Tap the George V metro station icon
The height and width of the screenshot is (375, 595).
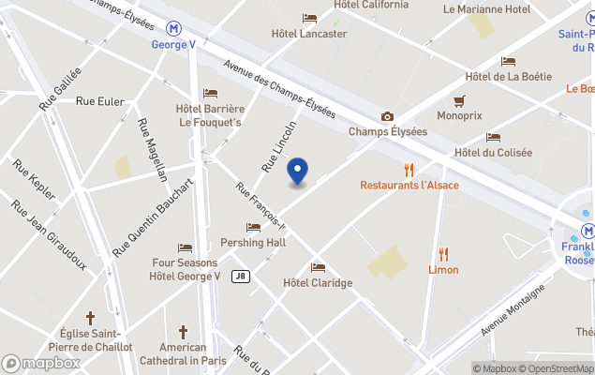click(x=173, y=30)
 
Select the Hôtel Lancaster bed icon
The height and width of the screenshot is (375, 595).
click(x=309, y=19)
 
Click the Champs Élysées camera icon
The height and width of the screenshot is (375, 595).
click(x=387, y=116)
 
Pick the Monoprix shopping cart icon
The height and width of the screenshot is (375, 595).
click(x=459, y=101)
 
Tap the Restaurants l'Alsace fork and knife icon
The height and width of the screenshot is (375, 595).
click(x=409, y=170)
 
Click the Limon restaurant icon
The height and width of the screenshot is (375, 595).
click(x=443, y=254)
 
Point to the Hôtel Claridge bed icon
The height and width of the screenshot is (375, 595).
click(x=318, y=267)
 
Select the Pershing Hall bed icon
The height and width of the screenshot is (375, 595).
click(x=253, y=227)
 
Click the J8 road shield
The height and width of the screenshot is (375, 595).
click(x=242, y=276)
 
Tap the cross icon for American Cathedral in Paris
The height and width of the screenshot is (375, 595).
click(x=183, y=332)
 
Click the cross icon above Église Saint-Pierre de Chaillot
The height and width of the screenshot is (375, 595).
click(x=91, y=319)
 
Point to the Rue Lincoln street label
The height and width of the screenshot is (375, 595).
click(x=279, y=146)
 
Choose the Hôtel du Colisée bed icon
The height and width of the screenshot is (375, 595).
click(x=493, y=137)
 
